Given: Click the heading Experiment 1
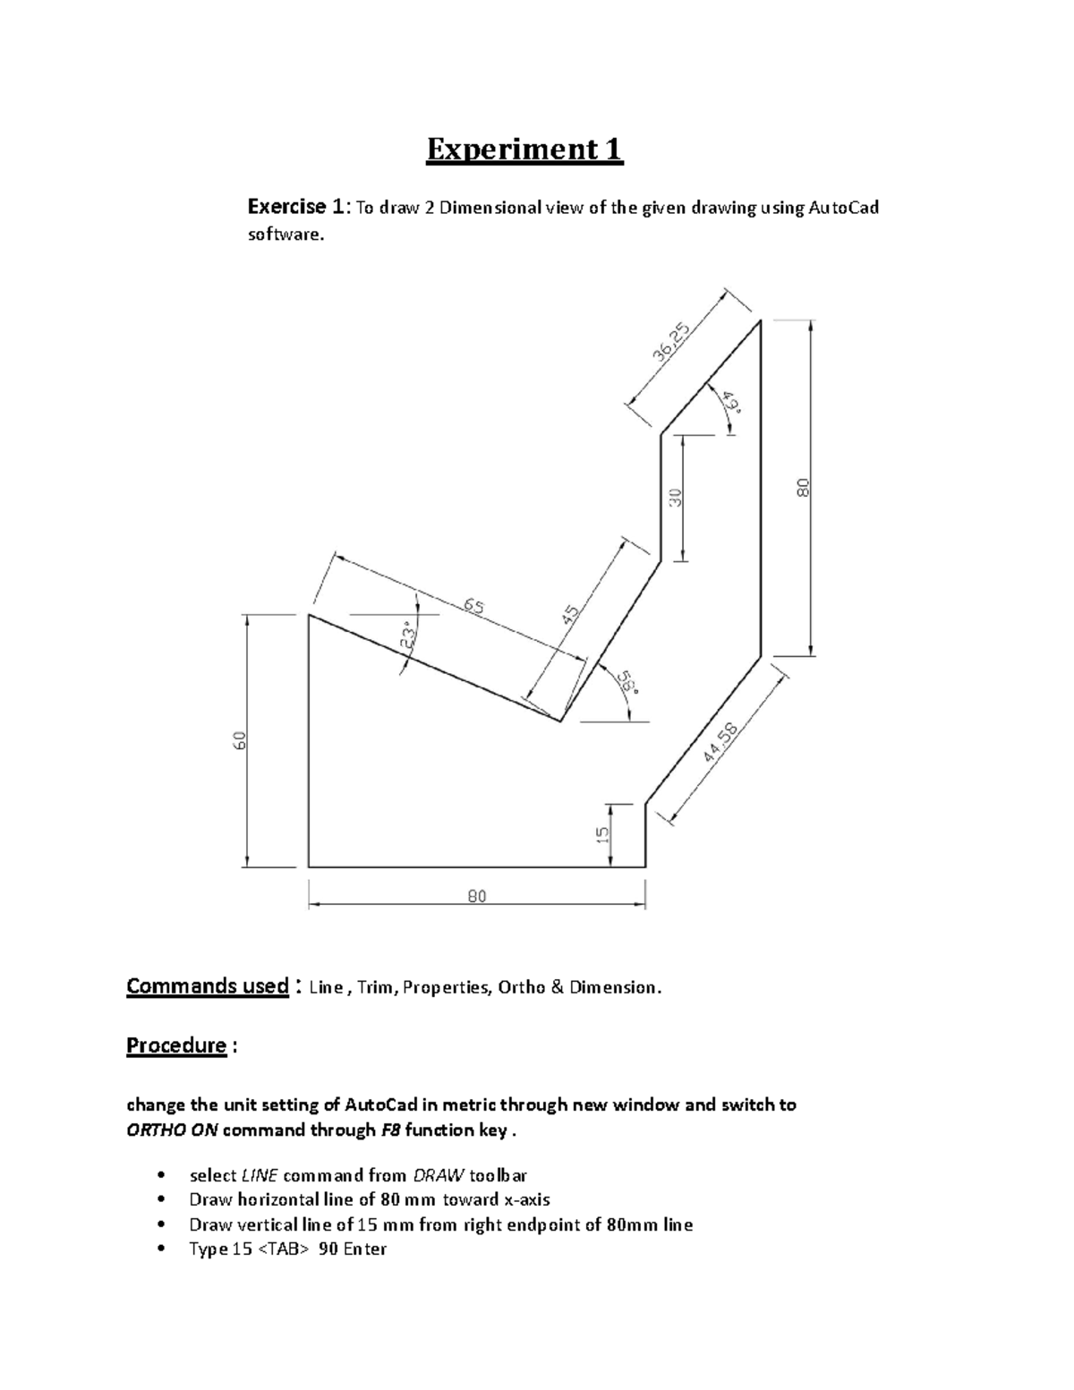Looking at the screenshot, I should tap(524, 149).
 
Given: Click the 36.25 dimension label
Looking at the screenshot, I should tap(671, 343).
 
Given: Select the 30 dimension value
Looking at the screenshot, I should tap(677, 497).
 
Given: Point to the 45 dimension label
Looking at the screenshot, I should tap(571, 615).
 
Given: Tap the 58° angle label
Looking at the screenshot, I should tap(630, 686).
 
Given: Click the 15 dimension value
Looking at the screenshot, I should tap(604, 833).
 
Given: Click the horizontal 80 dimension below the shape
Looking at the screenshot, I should tap(476, 896).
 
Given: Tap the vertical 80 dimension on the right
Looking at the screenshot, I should tap(803, 488).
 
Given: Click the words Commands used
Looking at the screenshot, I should tap(207, 986).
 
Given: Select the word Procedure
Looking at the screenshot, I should tap(176, 1045).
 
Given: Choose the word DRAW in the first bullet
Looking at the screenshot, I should tap(431, 1175).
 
